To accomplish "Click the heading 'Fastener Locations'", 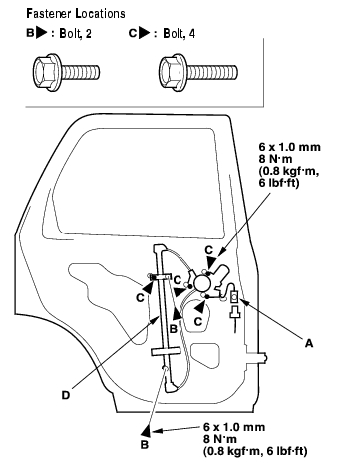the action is click(x=76, y=14).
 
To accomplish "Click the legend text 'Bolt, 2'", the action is click(x=75, y=34).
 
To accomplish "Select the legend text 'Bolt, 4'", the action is click(x=179, y=34).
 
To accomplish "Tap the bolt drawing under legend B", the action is click(x=66, y=72).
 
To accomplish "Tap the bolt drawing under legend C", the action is click(x=197, y=72).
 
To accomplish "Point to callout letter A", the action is click(x=309, y=343).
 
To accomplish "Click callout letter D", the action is click(x=66, y=395).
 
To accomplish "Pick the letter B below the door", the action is click(x=145, y=445).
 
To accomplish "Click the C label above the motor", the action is click(x=209, y=250).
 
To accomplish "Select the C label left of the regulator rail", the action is click(x=140, y=298).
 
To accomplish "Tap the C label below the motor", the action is click(x=198, y=322).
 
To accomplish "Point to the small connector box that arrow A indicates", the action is click(x=234, y=296).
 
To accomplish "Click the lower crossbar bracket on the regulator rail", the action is click(x=166, y=351).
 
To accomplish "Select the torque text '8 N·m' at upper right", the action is click(x=275, y=159).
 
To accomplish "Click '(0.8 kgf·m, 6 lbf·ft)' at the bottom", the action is click(x=255, y=451).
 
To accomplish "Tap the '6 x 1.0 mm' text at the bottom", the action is click(x=234, y=427).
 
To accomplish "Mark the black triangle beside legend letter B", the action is click(x=42, y=33).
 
